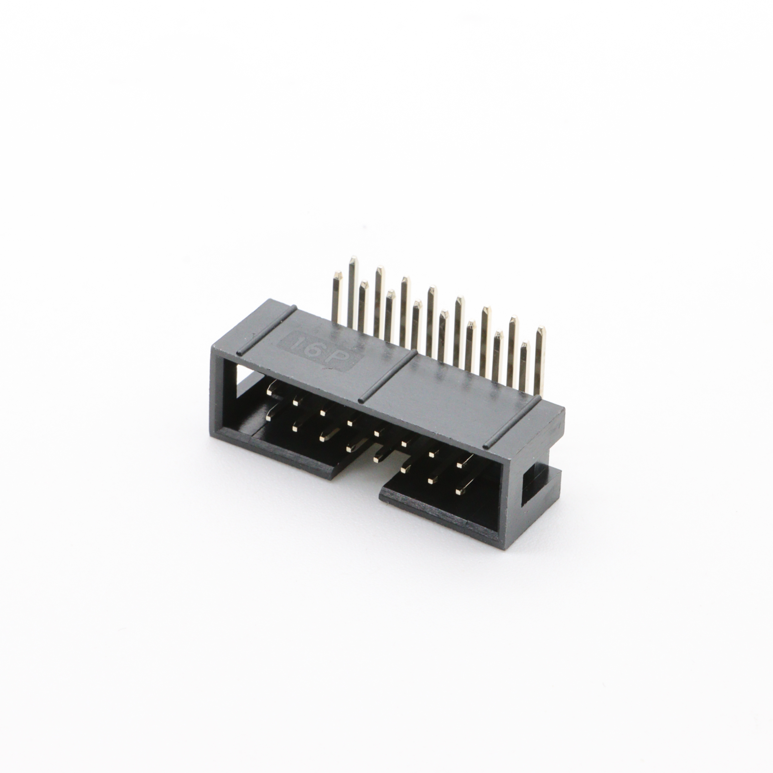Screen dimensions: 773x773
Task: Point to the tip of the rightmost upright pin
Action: tap(541, 329)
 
